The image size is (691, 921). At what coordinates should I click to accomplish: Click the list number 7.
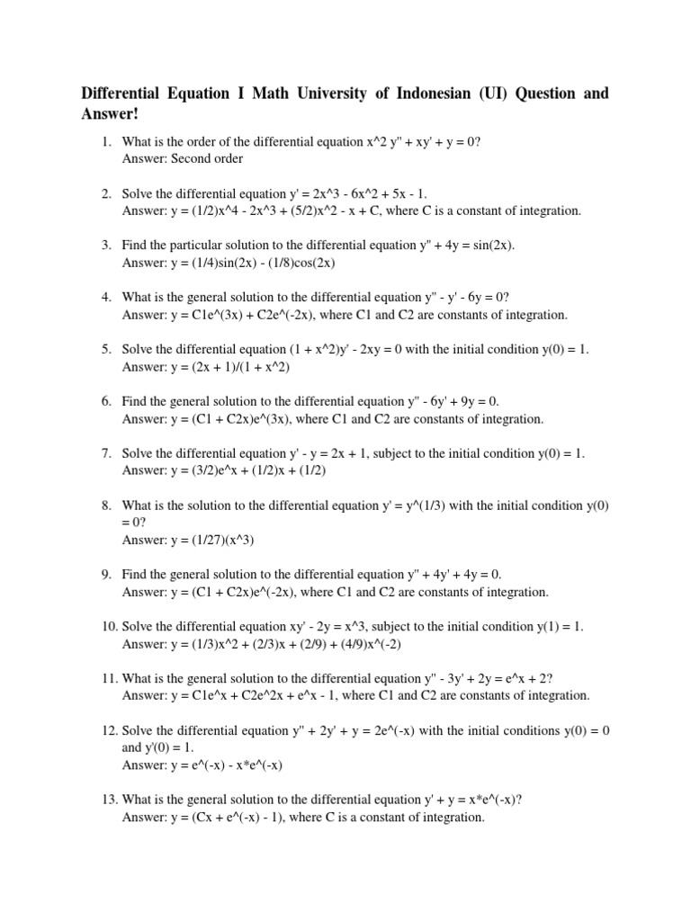coord(105,453)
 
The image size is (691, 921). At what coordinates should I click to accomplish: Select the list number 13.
coord(108,799)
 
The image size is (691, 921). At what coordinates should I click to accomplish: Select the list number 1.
coord(105,142)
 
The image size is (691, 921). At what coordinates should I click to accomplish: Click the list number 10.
coord(108,626)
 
